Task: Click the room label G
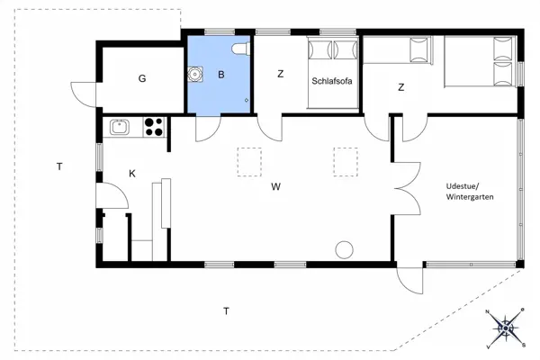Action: [x=142, y=78]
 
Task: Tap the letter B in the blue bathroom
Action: [x=220, y=75]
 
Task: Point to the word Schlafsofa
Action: [x=331, y=80]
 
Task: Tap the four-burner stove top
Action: [x=153, y=127]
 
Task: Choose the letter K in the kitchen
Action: [x=132, y=173]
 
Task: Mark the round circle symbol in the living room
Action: [x=343, y=249]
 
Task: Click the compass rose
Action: [x=506, y=326]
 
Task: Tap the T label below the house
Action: [x=226, y=311]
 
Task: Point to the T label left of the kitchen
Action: [x=58, y=166]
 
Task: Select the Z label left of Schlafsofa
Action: [x=280, y=75]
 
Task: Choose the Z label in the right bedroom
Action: [x=400, y=87]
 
